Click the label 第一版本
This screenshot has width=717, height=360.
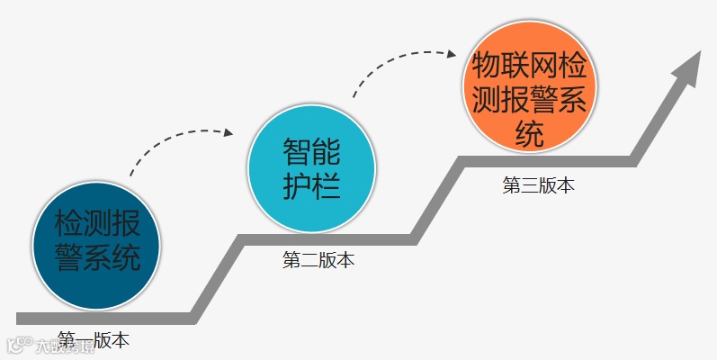click(94, 340)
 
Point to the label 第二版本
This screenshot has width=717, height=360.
click(318, 261)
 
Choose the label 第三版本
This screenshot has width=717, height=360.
click(538, 185)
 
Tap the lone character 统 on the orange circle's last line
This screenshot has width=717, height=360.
click(530, 134)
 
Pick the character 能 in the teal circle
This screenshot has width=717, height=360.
click(327, 149)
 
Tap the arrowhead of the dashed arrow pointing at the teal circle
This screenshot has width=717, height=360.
click(229, 133)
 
